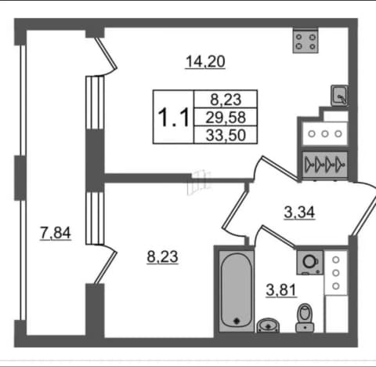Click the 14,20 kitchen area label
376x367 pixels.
pos(205,62)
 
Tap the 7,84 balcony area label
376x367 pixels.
pos(56,233)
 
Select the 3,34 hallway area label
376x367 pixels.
pos(299,213)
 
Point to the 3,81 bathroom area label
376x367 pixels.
pos(281,290)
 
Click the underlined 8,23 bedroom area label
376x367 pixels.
pos(162,256)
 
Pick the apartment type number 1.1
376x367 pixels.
pos(173,118)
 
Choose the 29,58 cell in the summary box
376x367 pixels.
pos(226,118)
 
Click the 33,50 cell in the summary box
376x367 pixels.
pos(226,135)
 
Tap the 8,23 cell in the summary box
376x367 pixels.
pos(226,100)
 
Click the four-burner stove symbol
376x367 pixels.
pos(305,42)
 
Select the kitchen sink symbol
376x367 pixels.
pos(339,96)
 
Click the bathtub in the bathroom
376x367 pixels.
pos(237,291)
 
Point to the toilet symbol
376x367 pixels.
pos(305,318)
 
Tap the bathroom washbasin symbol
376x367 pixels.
pos(268,325)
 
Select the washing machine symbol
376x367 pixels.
pos(310,263)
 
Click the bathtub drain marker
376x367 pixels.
pos(237,321)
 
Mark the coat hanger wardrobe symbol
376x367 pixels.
pos(325,165)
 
